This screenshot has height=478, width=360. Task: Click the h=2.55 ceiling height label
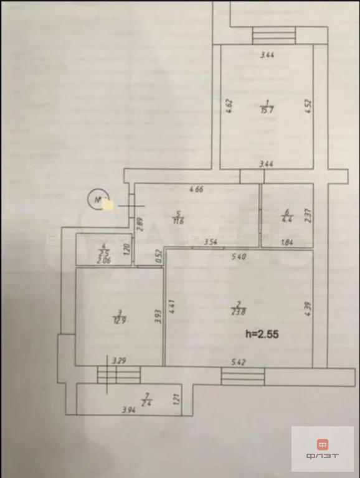pos(261,334)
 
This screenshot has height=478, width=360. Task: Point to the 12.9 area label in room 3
pos(116,321)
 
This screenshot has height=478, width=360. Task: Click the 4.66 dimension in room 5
pos(197,189)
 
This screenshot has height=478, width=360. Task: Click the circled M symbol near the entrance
pos(97,200)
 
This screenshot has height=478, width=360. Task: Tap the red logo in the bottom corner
pos(323,444)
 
